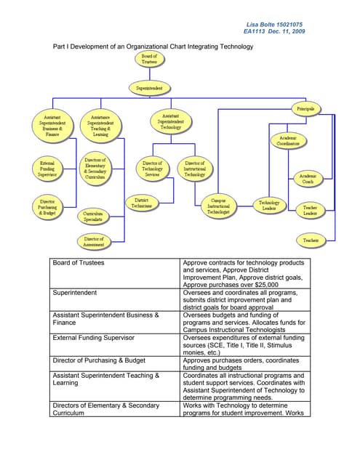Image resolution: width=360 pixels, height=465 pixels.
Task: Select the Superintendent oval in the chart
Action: (149, 88)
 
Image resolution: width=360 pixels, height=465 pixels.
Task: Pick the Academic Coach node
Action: (310, 179)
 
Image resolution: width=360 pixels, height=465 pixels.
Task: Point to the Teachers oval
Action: (311, 240)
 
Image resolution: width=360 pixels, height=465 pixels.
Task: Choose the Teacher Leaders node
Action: (310, 210)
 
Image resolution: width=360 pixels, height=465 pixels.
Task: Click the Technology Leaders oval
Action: (269, 206)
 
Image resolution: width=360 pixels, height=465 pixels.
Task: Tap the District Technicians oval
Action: (142, 203)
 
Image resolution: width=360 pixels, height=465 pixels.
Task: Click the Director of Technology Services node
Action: (152, 169)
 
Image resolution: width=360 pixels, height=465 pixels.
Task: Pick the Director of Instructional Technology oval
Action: (194, 169)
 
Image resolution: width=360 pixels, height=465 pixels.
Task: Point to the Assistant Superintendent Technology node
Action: (170, 122)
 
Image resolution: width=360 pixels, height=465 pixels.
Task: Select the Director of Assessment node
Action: (93, 241)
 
